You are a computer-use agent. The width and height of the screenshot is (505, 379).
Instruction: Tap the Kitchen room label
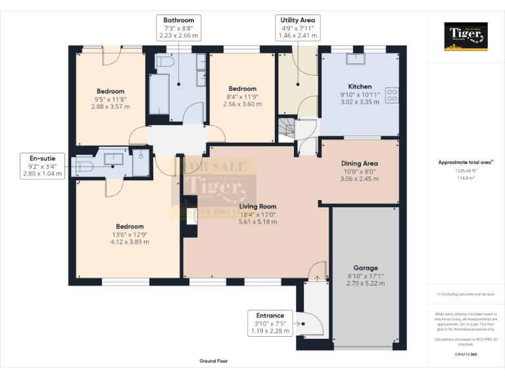pos(360,86)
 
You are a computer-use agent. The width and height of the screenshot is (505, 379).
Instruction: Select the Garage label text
pos(366,268)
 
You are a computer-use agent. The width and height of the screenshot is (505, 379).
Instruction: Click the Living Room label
pos(258,207)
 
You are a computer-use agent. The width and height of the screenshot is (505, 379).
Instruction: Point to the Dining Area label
pos(360,163)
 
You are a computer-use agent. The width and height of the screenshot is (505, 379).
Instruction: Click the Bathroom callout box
pos(179,28)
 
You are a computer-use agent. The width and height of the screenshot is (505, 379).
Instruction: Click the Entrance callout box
pos(270,323)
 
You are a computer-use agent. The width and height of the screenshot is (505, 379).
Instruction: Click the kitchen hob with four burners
pos(392,95)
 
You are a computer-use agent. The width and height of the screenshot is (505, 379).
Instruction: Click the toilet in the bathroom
pos(164,62)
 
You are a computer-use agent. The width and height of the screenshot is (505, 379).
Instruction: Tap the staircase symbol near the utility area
pos(284,128)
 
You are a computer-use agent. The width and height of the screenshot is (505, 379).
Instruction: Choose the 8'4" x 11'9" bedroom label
pos(242,96)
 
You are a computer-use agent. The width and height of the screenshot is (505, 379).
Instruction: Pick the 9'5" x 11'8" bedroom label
pos(110,99)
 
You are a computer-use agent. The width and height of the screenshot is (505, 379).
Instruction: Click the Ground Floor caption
pos(214,361)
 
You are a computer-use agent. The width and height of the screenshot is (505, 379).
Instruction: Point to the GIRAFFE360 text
pos(466,354)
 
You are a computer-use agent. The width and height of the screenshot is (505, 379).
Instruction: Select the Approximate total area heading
pos(465,162)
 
